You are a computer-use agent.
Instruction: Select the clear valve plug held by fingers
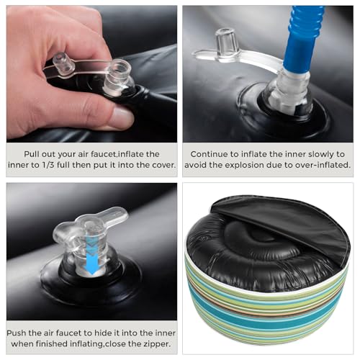coord(63,63)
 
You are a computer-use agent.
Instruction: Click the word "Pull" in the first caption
coord(32,154)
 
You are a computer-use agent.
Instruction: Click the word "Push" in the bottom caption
coord(17,333)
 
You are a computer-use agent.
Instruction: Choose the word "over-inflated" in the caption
coord(325,165)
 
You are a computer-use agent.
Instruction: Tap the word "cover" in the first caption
coord(163,165)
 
